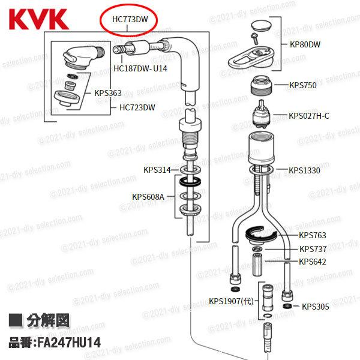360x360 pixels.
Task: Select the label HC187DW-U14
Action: [140, 68]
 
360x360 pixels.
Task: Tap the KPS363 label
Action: [108, 93]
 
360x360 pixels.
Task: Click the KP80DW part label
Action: [305, 44]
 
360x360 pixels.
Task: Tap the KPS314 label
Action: [157, 170]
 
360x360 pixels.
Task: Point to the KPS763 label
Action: [312, 235]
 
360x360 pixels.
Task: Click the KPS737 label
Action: [313, 248]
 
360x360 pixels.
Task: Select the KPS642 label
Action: [313, 262]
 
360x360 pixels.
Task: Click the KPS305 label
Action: [315, 307]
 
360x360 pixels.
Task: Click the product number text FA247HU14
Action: [54, 345]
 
